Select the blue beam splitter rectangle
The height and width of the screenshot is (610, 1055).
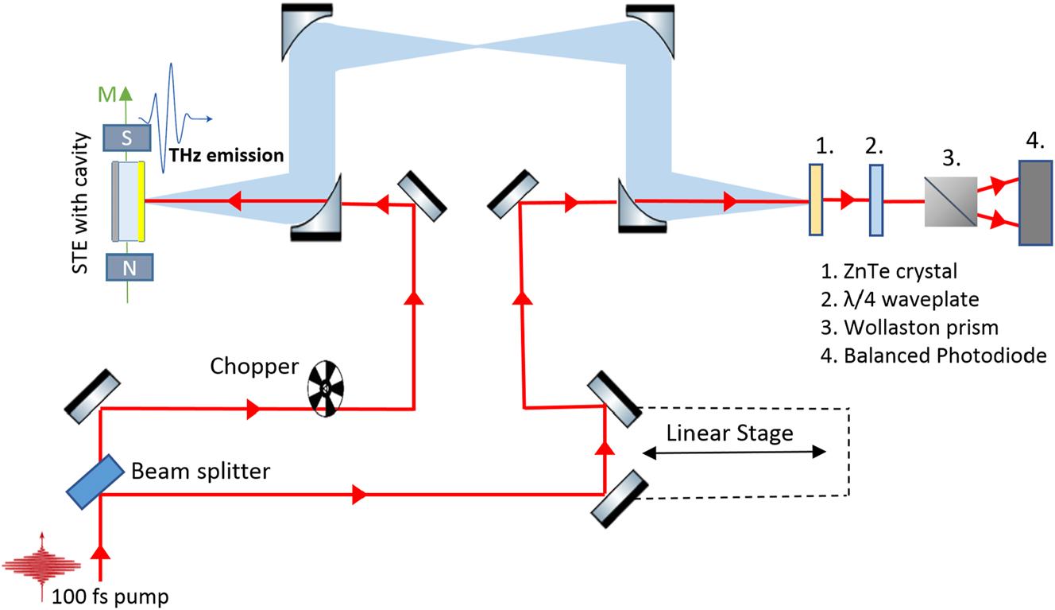click(x=95, y=482)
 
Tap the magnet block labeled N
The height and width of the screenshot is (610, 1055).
click(x=128, y=267)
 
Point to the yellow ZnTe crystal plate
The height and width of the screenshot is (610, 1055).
click(x=816, y=200)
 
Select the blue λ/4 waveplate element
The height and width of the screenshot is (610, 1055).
click(x=876, y=200)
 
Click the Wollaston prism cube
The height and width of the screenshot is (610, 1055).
click(x=950, y=200)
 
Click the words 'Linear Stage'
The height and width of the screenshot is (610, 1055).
click(x=729, y=433)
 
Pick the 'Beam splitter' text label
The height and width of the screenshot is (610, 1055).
click(x=200, y=471)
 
